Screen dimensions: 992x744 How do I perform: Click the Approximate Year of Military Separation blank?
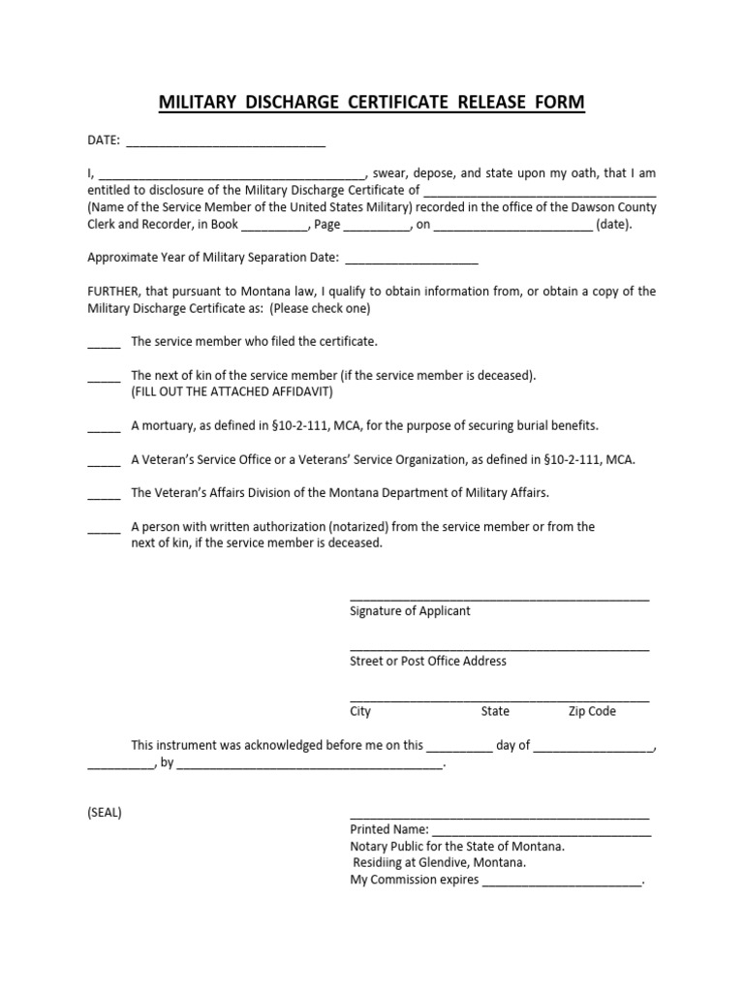(411, 262)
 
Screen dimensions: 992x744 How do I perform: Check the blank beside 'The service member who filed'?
(104, 345)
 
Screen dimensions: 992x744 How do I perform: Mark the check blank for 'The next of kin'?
(104, 379)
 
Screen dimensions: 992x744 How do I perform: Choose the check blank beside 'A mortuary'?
(104, 429)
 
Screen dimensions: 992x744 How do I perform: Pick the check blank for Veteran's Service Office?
(104, 463)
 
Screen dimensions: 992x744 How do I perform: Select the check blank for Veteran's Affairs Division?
(104, 496)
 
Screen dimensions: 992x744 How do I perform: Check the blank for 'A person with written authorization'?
(104, 530)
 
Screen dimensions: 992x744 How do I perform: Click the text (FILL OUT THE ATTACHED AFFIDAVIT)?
(232, 391)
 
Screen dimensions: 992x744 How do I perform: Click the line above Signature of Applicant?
(499, 599)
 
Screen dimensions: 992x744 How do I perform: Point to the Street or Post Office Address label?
(427, 661)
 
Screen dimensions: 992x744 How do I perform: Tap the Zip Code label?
(592, 711)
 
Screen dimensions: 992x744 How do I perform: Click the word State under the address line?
(495, 711)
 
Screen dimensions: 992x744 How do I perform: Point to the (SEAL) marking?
(105, 812)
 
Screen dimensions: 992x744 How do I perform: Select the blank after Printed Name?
(541, 832)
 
